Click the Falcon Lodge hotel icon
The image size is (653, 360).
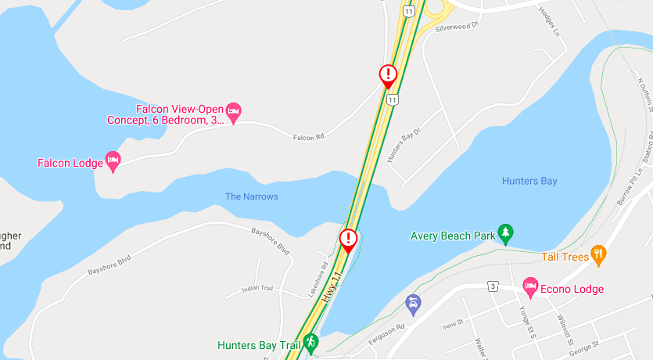point(113,161)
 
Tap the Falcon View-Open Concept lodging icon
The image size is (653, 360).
point(233,113)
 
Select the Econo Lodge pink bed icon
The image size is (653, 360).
point(530,287)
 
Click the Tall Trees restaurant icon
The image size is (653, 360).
point(598,254)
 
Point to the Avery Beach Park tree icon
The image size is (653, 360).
point(506,233)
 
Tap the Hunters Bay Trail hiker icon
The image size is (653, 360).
point(310,342)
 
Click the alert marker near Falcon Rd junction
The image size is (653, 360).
point(388,75)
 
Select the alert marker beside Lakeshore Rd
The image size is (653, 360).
point(348,239)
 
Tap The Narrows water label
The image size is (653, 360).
point(251,196)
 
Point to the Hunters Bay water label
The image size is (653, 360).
point(529,182)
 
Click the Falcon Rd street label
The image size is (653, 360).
point(308,138)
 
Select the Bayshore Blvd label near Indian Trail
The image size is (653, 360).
point(271,242)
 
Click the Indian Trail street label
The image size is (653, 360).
point(258,289)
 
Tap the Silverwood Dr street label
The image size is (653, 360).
point(456,26)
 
